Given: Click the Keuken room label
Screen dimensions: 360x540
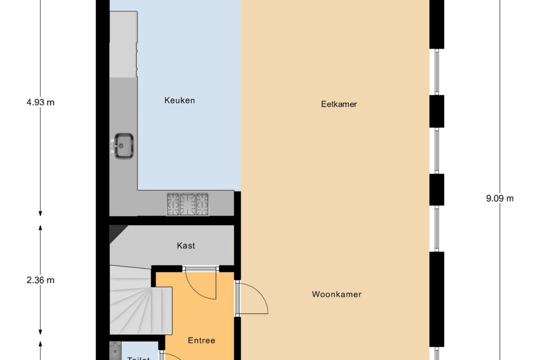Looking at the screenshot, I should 179,101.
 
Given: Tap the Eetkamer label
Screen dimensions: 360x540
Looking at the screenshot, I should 339,105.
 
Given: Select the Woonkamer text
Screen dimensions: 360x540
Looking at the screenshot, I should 336,294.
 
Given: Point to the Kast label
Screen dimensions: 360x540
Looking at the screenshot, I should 185,245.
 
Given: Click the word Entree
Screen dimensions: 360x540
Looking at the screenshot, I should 201,341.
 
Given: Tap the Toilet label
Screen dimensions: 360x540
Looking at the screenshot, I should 139,357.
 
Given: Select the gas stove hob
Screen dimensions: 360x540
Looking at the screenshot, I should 188,204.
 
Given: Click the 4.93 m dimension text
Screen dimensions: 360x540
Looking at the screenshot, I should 40,102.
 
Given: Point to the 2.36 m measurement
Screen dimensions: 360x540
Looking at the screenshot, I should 40,280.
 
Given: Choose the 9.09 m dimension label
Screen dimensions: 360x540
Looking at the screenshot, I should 500,198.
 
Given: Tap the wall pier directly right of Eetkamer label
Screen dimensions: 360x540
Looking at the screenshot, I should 436,111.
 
